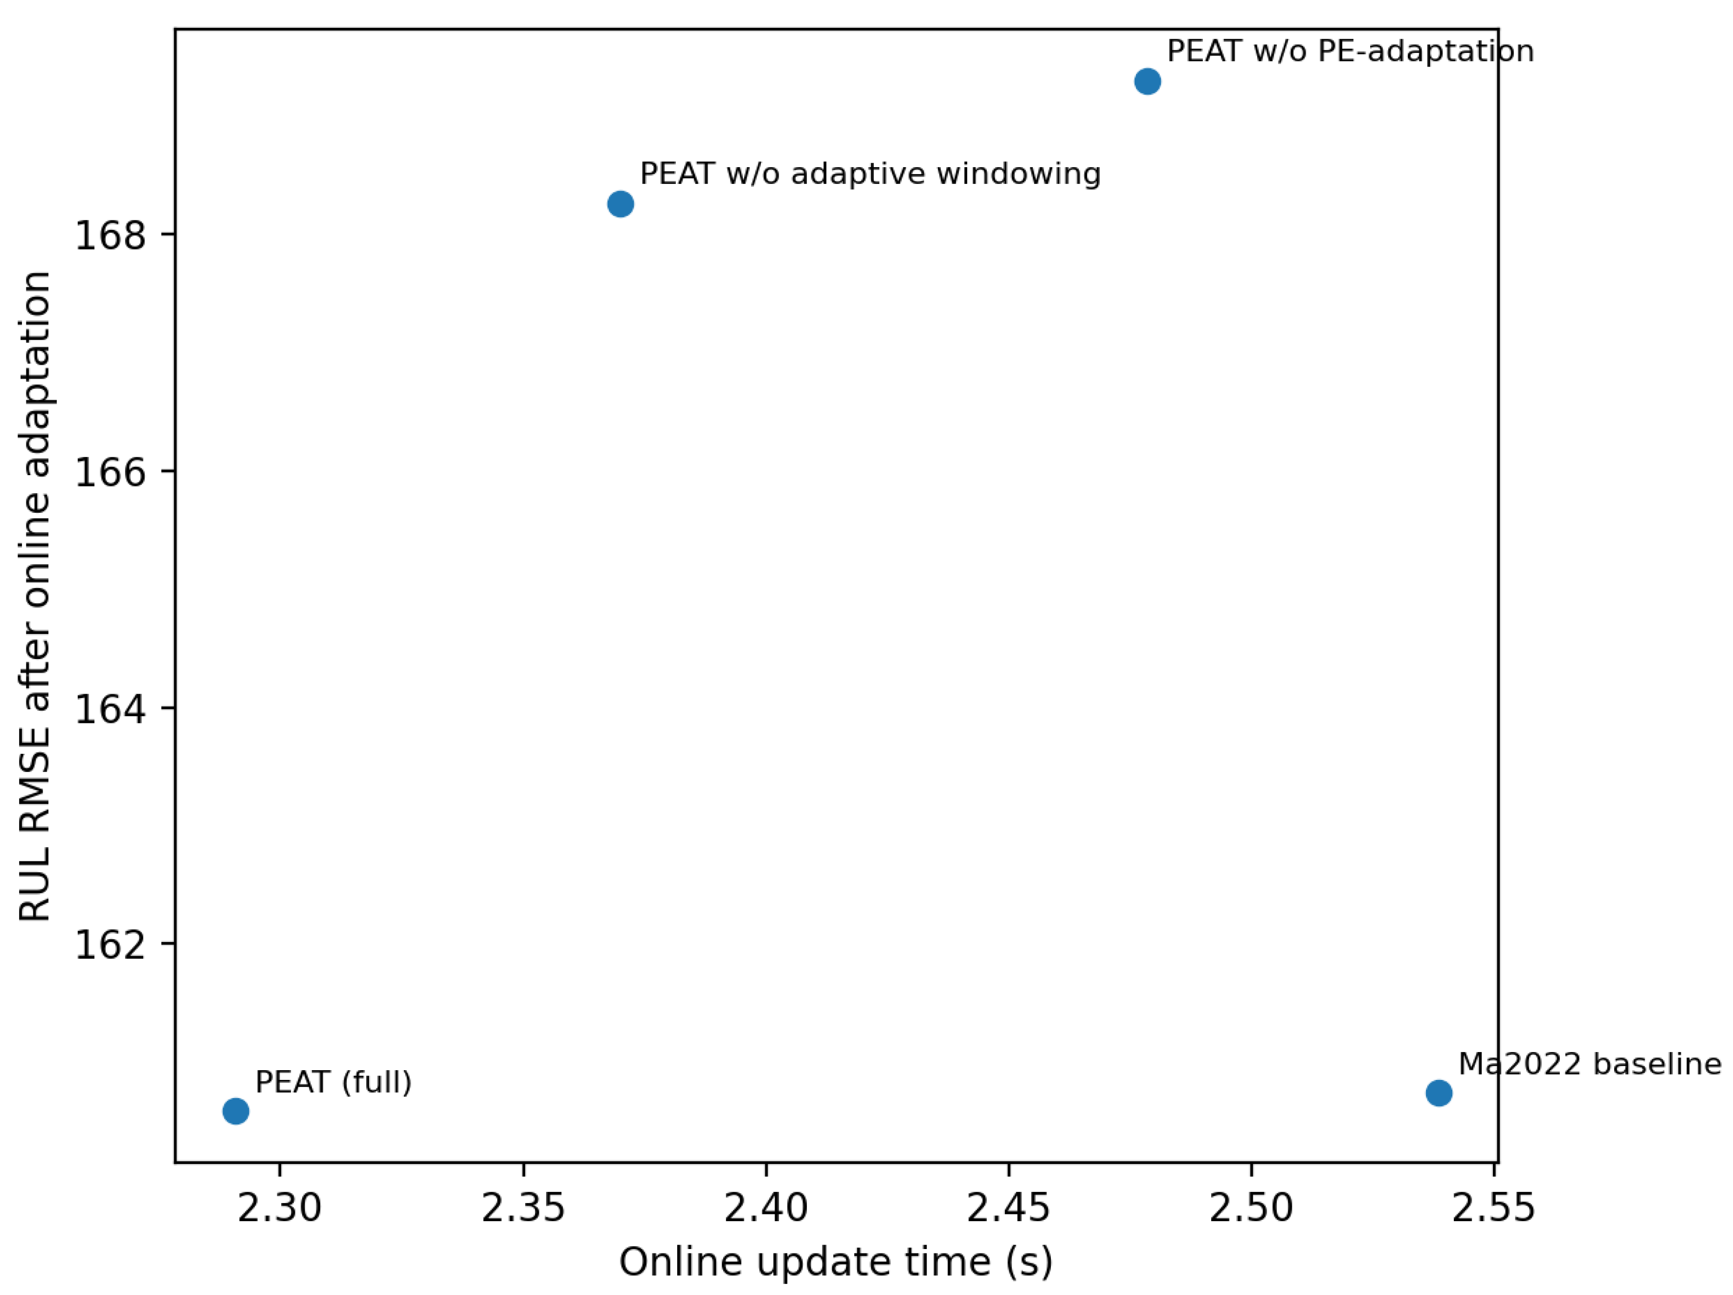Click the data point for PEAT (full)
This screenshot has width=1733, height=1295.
(236, 1111)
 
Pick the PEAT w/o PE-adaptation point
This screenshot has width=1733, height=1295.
(1147, 82)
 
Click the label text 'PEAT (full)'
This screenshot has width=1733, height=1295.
(333, 1082)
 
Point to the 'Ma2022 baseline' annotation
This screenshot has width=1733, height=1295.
(1589, 1064)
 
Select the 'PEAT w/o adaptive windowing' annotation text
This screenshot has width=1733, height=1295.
(869, 174)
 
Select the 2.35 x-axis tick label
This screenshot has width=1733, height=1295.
(523, 1207)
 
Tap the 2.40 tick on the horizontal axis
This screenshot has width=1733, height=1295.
(765, 1207)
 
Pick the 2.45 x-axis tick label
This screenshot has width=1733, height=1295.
(1008, 1207)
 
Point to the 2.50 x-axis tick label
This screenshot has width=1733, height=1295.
(1251, 1207)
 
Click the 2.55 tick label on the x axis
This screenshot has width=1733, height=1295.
(1494, 1207)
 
